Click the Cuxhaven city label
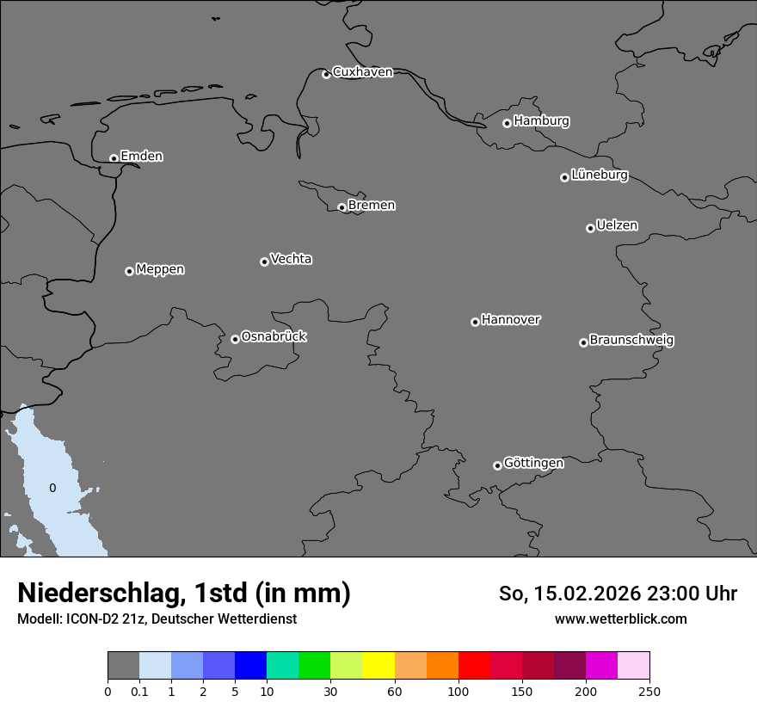(x=362, y=72)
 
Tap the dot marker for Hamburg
(x=507, y=123)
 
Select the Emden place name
(x=141, y=157)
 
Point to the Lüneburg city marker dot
(x=564, y=177)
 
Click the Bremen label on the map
(x=372, y=206)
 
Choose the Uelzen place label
(x=617, y=226)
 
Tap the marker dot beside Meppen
(x=129, y=271)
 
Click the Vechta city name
(x=291, y=259)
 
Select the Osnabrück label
(x=274, y=336)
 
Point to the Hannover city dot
(x=475, y=322)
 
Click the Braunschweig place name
(x=631, y=341)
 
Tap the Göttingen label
(x=533, y=463)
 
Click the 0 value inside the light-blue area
(x=52, y=488)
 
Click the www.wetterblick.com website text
(x=620, y=619)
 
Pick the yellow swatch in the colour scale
(x=378, y=666)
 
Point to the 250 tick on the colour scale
(x=649, y=691)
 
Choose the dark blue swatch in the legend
(x=250, y=666)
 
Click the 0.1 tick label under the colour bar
(x=139, y=691)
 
